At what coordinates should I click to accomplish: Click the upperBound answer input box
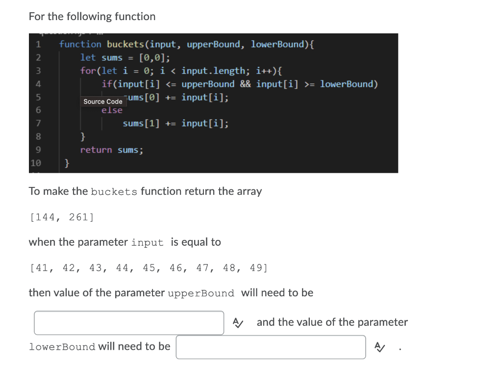click(129, 323)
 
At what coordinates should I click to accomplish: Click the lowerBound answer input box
click(271, 347)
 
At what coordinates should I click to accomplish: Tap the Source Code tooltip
click(103, 102)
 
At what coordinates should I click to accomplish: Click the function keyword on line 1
click(80, 44)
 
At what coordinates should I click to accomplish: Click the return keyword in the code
click(96, 150)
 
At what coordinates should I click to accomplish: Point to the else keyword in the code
click(112, 110)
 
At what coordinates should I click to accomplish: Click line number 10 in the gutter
click(36, 163)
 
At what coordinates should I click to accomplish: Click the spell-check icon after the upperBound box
click(237, 323)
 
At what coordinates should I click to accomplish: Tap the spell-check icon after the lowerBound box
click(379, 347)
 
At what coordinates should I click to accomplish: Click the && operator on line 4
click(246, 84)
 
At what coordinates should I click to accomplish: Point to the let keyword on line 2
click(88, 57)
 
